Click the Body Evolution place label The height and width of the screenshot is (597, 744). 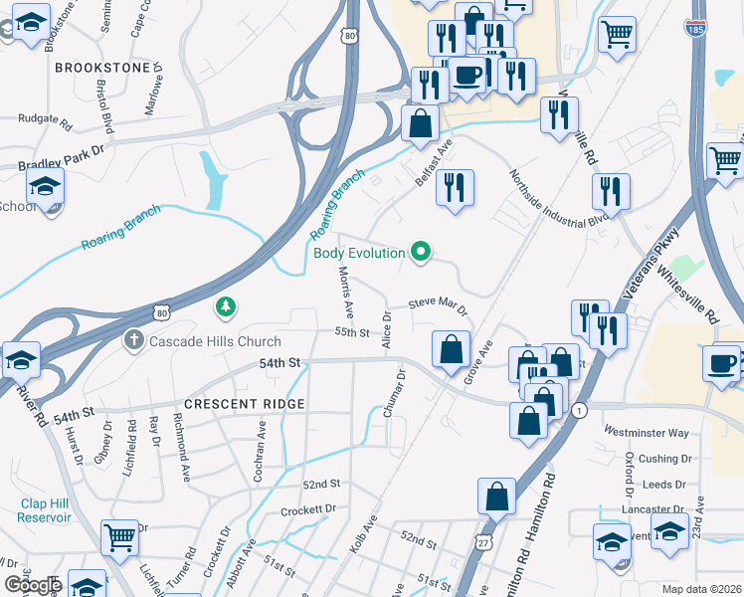coord(359,253)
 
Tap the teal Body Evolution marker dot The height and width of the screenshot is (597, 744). coord(421,253)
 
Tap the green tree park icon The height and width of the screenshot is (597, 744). coord(227,308)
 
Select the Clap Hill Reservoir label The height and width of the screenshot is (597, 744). coord(46,510)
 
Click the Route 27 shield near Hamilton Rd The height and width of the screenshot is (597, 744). coord(483,539)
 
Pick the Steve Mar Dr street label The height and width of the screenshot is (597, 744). coord(438,304)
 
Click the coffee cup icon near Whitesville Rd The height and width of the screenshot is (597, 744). coord(721,362)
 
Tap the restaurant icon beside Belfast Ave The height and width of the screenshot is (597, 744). coord(455,187)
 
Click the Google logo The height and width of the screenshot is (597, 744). coord(34,585)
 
